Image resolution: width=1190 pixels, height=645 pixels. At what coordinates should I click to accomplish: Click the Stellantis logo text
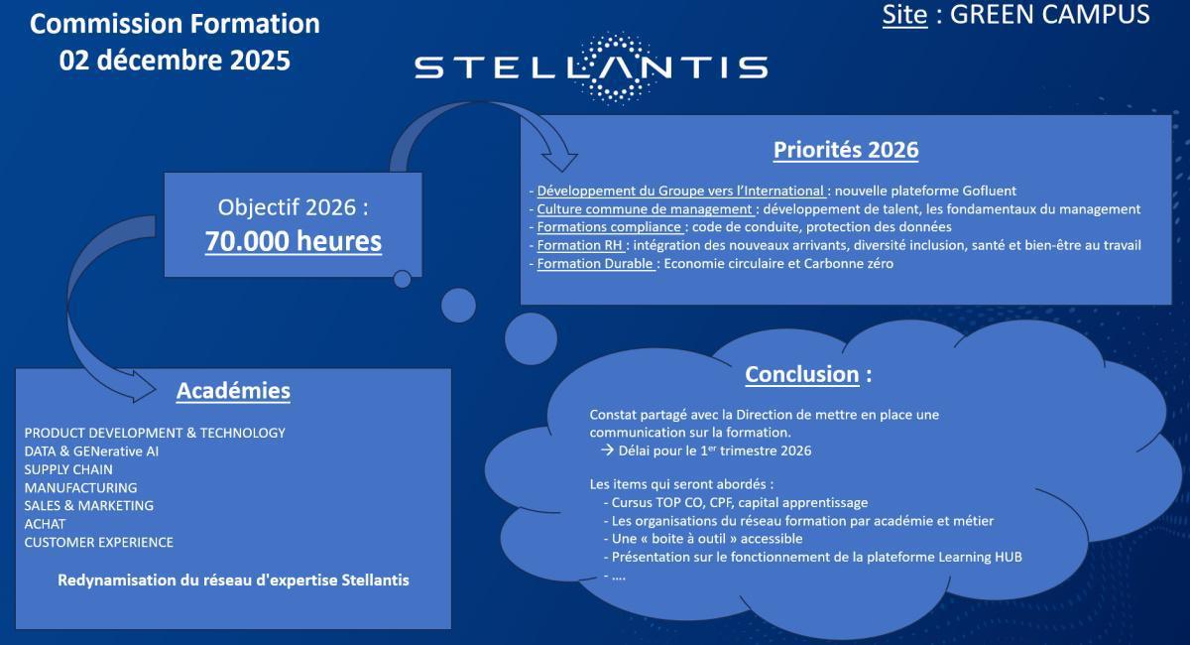tap(591, 67)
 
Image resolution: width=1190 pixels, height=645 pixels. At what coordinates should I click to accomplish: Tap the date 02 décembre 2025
tap(175, 60)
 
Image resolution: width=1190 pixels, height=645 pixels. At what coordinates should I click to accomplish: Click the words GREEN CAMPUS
tap(1049, 15)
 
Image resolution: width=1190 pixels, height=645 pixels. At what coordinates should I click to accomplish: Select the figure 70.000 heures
tap(294, 241)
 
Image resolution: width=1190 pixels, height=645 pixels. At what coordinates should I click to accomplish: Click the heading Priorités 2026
tap(846, 150)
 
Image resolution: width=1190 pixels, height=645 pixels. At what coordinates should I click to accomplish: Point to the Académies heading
tap(233, 391)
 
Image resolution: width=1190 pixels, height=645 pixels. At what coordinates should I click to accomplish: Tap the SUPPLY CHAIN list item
tap(68, 469)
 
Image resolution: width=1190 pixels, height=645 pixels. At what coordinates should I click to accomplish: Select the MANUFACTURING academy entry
tap(80, 487)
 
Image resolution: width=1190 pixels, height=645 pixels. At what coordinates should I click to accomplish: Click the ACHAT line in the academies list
tap(45, 524)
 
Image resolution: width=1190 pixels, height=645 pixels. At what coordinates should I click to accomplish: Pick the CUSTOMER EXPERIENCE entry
tap(99, 542)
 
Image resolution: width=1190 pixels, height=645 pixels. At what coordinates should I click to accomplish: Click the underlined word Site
tap(904, 15)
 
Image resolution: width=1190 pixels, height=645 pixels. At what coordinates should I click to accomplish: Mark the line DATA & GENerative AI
tap(91, 451)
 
